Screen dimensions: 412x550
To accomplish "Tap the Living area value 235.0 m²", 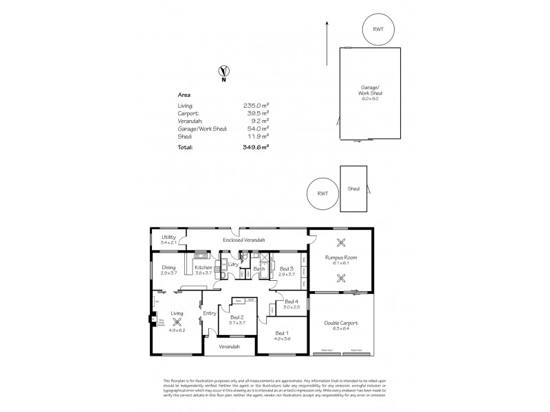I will pos(256,106).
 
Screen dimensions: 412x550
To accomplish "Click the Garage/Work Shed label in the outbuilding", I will pos(371,91).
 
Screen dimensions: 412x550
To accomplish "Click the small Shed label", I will pos(353,188).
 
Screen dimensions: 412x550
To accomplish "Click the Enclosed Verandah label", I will pos(244,240).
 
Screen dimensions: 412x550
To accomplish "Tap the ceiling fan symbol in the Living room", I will pos(177,321).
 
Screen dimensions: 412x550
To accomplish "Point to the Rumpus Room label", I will pos(341,257).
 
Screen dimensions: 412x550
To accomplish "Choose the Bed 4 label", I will pos(291,301).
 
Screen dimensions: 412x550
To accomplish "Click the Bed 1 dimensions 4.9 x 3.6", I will pos(283,339).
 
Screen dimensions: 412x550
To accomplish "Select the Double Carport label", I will pos(341,323).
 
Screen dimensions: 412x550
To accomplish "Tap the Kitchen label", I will pos(203,267).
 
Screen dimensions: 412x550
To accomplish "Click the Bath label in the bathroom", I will pos(259,268).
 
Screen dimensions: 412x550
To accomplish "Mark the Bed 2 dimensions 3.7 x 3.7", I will pos(238,322).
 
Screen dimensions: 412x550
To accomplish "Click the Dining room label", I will pos(168,267).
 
